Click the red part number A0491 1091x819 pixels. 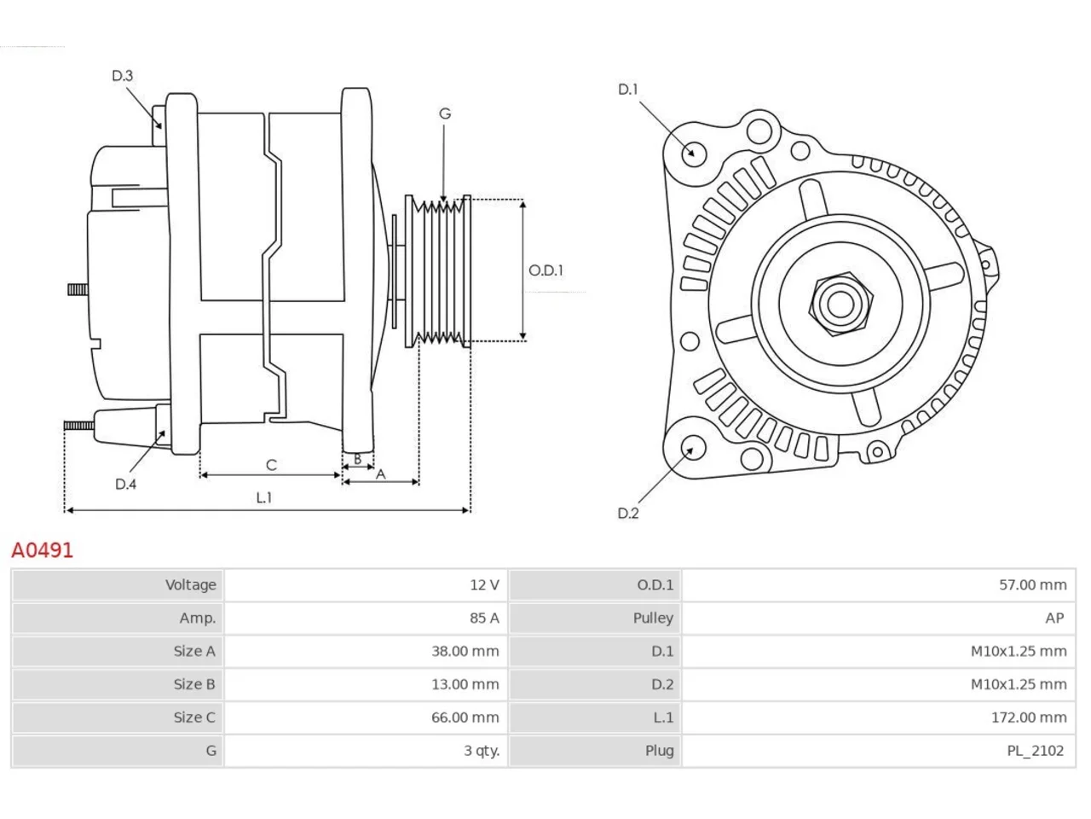pos(43,550)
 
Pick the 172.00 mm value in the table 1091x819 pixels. pos(1029,717)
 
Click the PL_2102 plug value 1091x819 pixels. pos(1035,751)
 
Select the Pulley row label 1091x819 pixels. pos(653,619)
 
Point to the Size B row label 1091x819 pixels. pos(194,684)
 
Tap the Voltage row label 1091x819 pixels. pos(190,584)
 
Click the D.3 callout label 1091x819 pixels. pos(122,76)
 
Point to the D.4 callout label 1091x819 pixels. pos(125,484)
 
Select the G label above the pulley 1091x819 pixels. pos(445,113)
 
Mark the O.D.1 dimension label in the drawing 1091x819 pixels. pos(545,270)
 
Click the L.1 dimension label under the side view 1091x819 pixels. pos(264,497)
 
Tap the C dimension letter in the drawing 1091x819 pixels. pos(271,465)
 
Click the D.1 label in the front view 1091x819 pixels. pos(627,90)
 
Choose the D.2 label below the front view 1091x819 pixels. pos(628,514)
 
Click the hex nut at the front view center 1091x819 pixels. pos(840,304)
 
